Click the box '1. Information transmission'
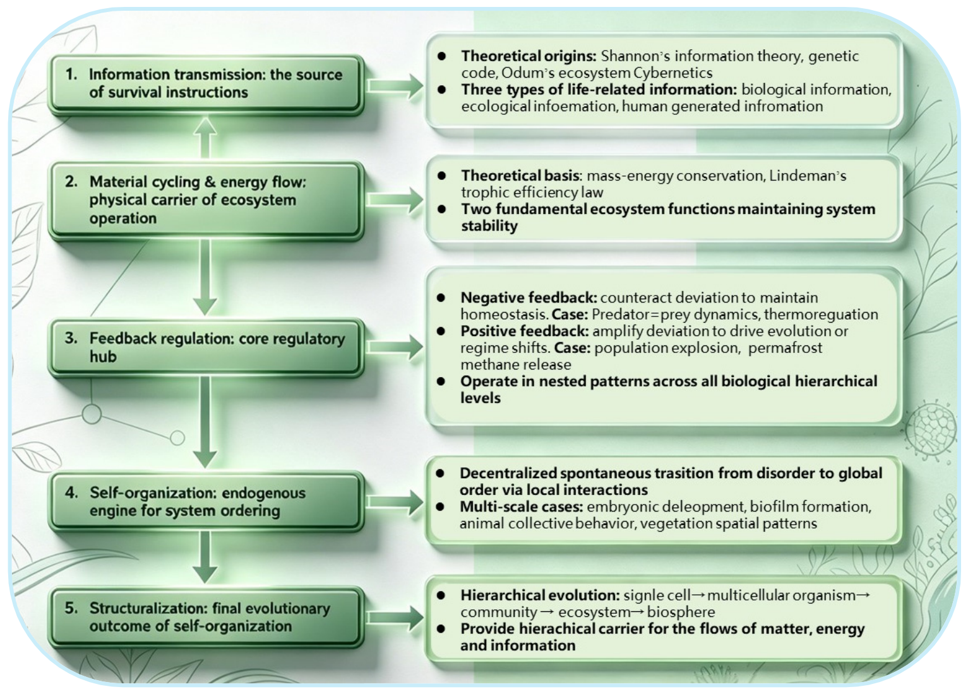tap(206, 84)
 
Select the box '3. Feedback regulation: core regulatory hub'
tap(206, 347)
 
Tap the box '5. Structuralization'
tap(206, 617)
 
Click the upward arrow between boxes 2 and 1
tap(205, 138)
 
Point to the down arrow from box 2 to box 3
tap(205, 277)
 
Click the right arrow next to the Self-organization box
tap(395, 502)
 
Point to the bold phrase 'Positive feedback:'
tap(525, 331)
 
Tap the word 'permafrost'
tap(785, 349)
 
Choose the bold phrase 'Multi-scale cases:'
tap(522, 506)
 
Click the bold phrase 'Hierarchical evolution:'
tap(540, 595)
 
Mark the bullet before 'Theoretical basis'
tap(441, 176)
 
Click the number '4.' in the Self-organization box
tap(71, 493)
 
